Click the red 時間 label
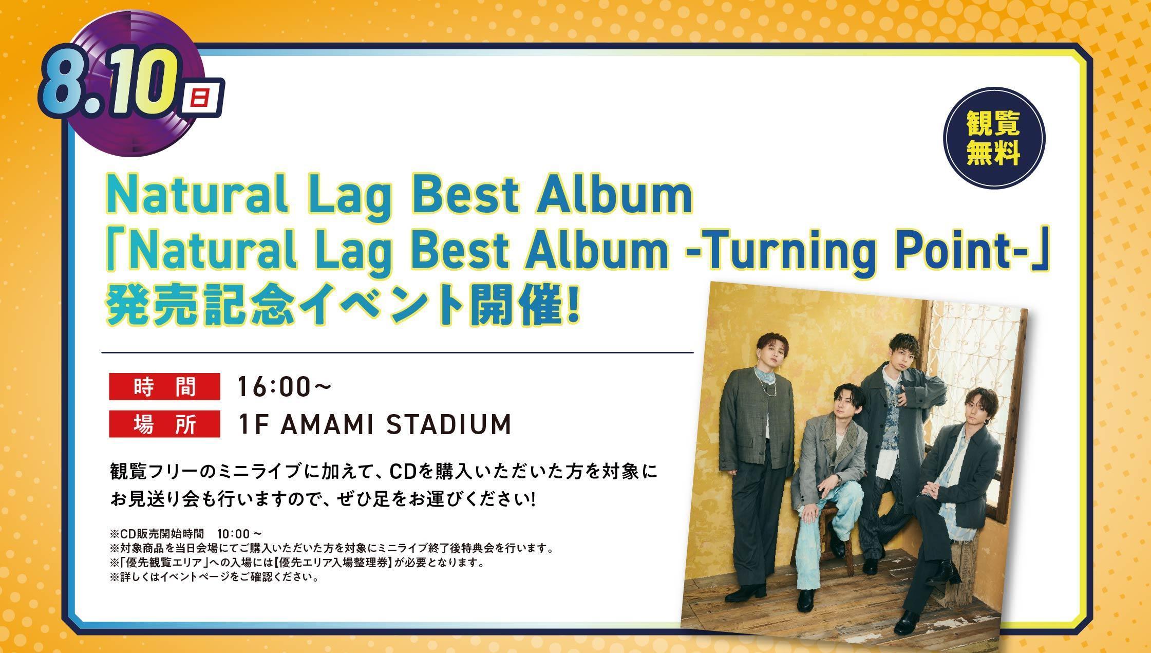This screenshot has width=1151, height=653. pyautogui.click(x=164, y=387)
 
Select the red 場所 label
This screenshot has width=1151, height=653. pyautogui.click(x=164, y=424)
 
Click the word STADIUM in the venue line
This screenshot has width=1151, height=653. pyautogui.click(x=448, y=424)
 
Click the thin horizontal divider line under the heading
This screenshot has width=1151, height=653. pyautogui.click(x=398, y=352)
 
